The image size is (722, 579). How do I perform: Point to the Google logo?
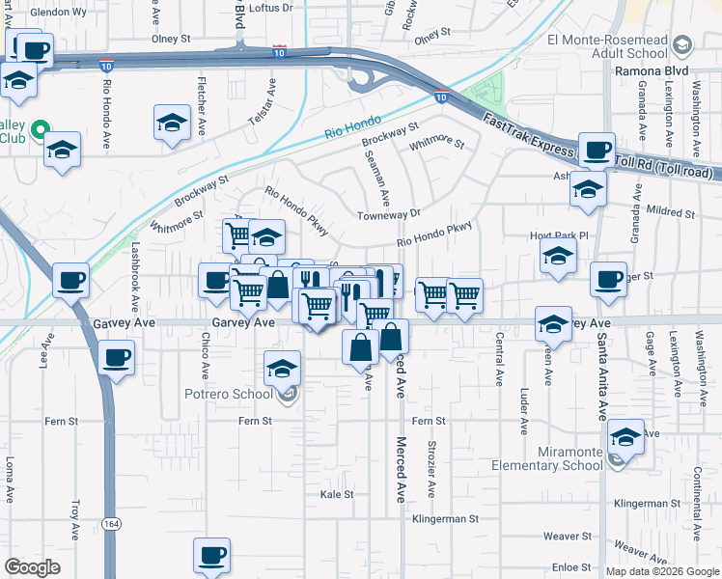(32, 566)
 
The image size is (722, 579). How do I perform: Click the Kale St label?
(338, 494)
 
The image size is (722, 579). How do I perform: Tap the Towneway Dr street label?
(389, 214)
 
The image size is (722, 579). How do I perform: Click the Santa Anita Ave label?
(601, 376)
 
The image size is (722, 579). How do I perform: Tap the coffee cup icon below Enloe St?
(211, 556)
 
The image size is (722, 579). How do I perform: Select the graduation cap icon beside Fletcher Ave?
(172, 124)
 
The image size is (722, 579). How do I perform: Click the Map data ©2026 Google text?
(661, 570)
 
